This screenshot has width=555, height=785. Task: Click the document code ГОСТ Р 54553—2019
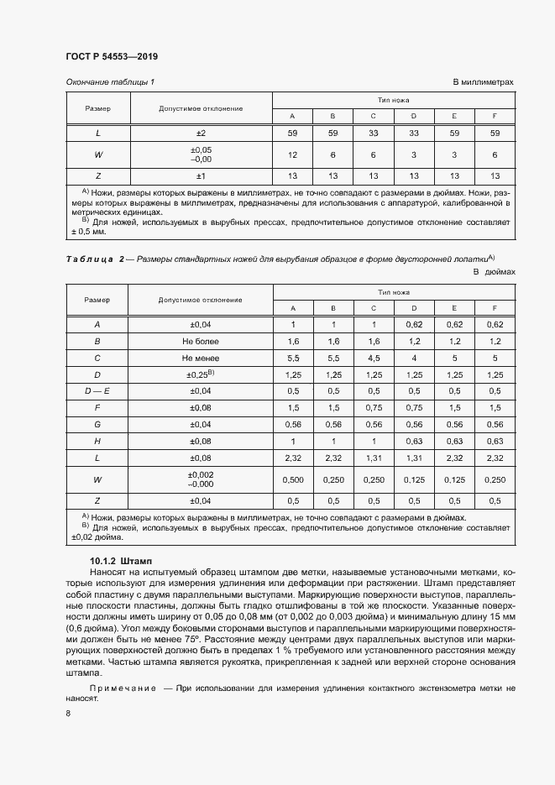click(111, 56)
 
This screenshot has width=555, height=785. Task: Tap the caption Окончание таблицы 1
click(109, 82)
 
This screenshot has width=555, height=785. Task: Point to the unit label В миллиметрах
click(483, 82)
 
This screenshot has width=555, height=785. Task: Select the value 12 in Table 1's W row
click(292, 154)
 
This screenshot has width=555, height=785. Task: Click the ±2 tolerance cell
click(201, 133)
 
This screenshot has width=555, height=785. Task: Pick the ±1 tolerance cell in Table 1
click(201, 175)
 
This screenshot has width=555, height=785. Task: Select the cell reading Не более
click(201, 342)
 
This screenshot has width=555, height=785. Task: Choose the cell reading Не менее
click(201, 358)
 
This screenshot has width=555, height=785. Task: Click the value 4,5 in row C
click(373, 358)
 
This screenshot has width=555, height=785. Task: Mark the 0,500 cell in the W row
click(292, 479)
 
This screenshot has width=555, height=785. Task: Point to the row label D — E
click(97, 390)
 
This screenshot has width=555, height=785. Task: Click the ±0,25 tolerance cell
click(201, 374)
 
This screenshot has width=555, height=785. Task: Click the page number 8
click(68, 713)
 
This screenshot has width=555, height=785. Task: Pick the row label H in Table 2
click(97, 440)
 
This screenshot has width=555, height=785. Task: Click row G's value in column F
click(495, 424)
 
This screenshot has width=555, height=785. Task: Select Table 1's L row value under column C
click(373, 133)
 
